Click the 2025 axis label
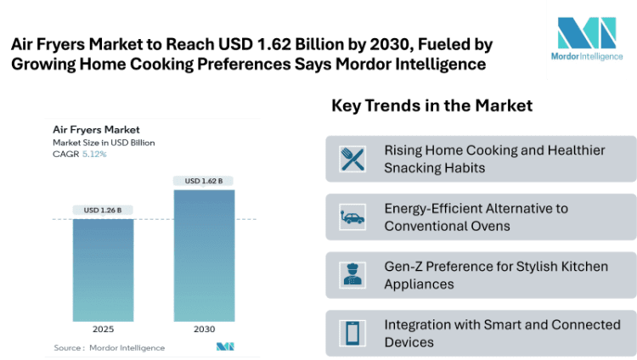(x=102, y=328)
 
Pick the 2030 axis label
(x=204, y=328)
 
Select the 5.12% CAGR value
(x=95, y=155)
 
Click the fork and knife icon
(x=352, y=159)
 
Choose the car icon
(x=352, y=217)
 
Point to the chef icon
(x=352, y=275)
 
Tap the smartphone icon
(x=352, y=333)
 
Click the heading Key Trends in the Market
(x=431, y=106)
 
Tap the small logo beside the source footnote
(x=224, y=346)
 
